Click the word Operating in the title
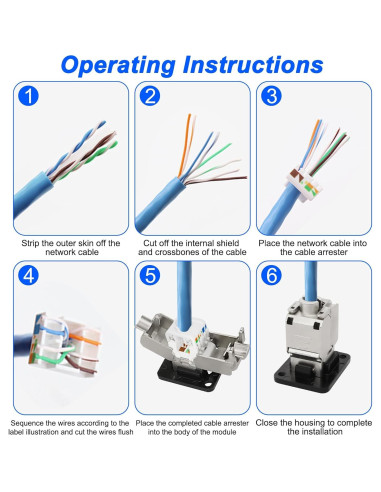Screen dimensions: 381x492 point(118,65)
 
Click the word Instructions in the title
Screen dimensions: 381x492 point(253,64)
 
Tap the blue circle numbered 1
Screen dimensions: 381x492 point(28,96)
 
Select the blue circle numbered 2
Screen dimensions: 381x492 point(150,96)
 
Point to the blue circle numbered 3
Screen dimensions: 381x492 point(271,96)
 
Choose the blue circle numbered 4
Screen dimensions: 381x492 point(28,275)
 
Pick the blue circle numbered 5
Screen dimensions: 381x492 point(150,275)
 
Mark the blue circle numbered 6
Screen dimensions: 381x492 point(271,275)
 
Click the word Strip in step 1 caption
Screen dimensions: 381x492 point(30,244)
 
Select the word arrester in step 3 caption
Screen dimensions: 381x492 point(330,252)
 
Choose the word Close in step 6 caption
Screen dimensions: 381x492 point(267,423)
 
